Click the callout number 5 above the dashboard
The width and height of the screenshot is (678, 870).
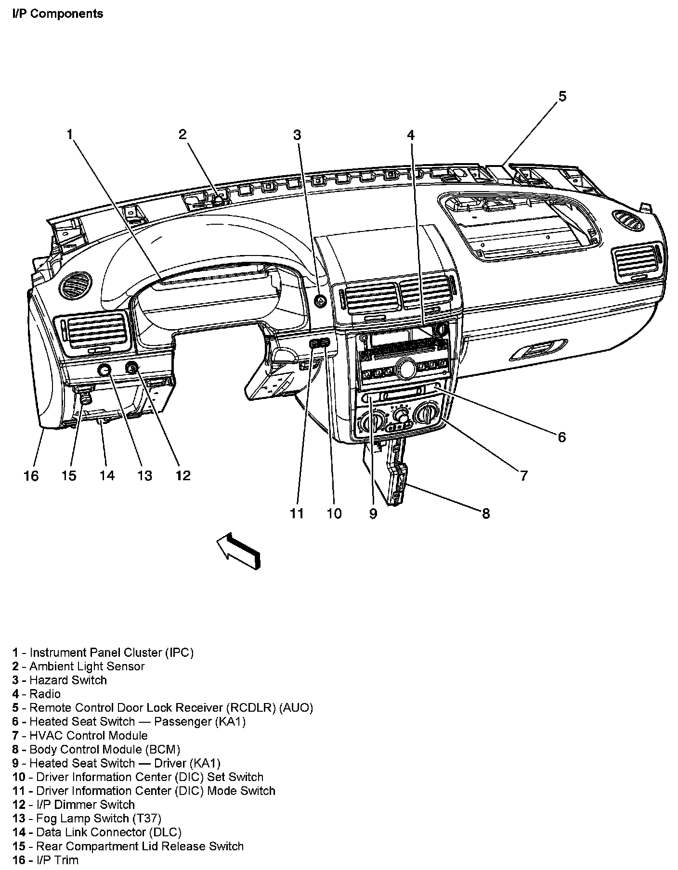[562, 96]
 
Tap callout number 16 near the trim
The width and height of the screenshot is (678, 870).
[31, 475]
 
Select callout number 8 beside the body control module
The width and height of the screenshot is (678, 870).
[485, 513]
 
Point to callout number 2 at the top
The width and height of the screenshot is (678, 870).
[182, 134]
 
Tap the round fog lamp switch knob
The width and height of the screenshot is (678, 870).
[104, 370]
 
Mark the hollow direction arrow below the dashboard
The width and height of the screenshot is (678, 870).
[239, 551]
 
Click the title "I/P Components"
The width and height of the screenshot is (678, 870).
[58, 13]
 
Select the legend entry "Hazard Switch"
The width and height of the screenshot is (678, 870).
[68, 680]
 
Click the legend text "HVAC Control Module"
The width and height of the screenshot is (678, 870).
[88, 735]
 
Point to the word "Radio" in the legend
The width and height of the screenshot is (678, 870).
[45, 694]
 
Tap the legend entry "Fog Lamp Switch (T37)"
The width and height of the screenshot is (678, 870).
[98, 818]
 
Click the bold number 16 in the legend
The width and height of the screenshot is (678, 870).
[19, 860]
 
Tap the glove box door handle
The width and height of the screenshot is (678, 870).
[538, 350]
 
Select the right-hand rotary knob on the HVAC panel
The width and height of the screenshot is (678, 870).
[427, 413]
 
